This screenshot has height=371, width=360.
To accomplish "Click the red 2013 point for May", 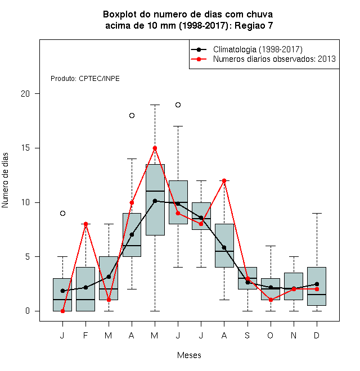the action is point(155,148).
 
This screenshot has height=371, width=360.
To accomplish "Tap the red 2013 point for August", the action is point(224,181).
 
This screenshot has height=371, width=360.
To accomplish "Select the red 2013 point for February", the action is point(85,224).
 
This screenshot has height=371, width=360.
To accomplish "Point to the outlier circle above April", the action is point(132,115).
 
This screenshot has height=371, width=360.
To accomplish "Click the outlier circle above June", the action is point(178,105).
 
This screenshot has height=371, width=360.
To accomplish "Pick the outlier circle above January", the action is point(62,213).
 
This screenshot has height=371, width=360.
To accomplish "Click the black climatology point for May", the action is point(155,201).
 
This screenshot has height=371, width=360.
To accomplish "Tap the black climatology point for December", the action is point(317,284).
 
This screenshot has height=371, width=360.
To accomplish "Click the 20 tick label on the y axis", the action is point(25,94).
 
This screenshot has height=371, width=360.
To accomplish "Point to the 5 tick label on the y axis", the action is point(28,257).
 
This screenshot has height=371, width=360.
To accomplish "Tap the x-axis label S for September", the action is point(247,335).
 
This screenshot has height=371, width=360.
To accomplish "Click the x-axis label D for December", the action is point(317,335).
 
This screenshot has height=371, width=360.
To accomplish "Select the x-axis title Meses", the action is point(189,355).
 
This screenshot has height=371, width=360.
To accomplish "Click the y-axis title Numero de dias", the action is point(5,180).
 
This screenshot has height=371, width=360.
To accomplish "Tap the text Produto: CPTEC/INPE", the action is point(85,79).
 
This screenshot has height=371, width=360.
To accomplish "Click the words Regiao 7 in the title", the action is point(254,25).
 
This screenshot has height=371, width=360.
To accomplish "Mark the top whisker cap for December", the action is point(317,213).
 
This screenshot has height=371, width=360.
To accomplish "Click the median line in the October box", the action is point(271,289).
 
